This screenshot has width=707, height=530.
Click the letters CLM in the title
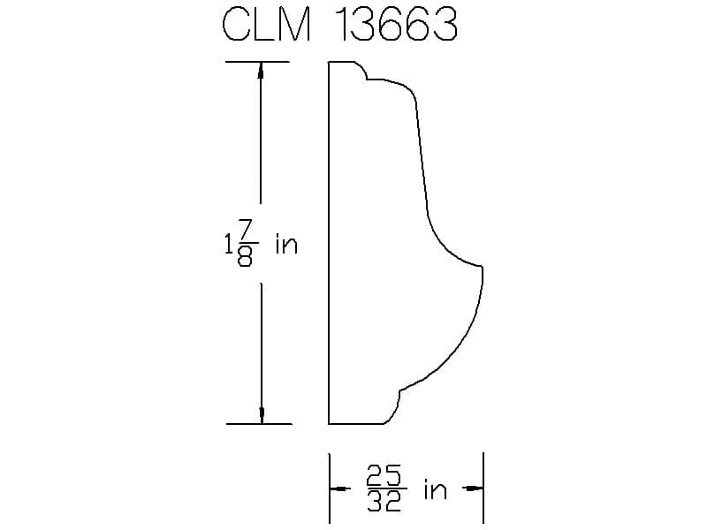[267, 25]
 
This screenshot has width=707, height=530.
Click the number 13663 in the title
[396, 25]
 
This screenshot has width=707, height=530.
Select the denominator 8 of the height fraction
[245, 256]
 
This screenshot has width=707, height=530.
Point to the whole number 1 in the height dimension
[229, 246]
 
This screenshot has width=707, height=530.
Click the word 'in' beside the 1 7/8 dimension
[286, 245]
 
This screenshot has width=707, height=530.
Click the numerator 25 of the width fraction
[384, 475]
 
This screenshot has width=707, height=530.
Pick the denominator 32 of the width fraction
[384, 501]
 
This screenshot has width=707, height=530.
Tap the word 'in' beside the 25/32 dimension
[435, 489]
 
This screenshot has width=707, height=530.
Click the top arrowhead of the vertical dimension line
[260, 70]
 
